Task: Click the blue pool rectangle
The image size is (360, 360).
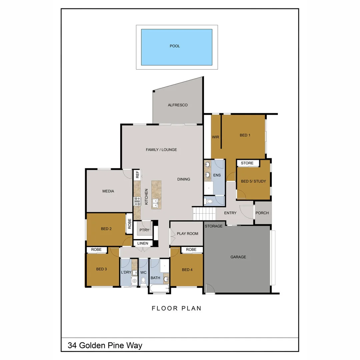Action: coord(176,47)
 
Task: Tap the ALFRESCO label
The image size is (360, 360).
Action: coord(178,105)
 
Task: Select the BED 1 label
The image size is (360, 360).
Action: coord(245,135)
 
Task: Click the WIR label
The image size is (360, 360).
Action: coord(215,137)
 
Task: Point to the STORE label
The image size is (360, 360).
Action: coord(247,163)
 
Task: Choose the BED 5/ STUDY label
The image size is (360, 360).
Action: coord(253,181)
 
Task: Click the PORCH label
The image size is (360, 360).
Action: coord(262,213)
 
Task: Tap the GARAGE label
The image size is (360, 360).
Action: coord(238,257)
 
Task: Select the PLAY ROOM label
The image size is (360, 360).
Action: coord(187,234)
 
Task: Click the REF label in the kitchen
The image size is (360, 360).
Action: coord(137,174)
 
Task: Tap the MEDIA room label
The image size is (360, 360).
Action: coord(108,191)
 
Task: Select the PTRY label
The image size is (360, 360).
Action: coord(144,230)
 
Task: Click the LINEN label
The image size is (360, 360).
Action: coord(143,243)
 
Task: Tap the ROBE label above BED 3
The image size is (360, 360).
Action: coord(96,250)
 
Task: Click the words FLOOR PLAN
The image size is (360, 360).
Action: coord(177,308)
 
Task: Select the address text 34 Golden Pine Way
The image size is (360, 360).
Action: coord(105,345)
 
